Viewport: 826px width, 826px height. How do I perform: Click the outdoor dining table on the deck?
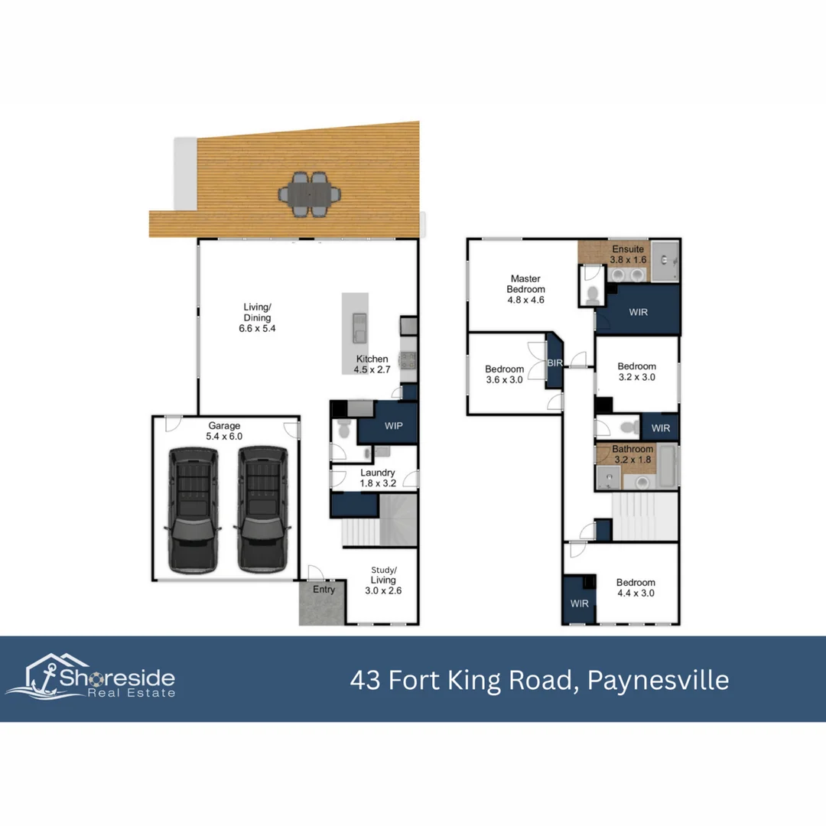(x=309, y=194)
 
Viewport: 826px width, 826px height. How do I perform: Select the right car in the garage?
(x=263, y=510)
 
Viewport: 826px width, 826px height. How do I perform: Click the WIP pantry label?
(x=394, y=426)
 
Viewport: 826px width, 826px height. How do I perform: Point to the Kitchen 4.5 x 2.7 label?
(x=372, y=364)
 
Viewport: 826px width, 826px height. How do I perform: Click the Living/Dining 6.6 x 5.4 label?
(x=257, y=317)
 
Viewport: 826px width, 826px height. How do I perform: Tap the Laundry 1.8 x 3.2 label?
(x=378, y=478)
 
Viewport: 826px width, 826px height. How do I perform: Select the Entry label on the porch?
(x=324, y=590)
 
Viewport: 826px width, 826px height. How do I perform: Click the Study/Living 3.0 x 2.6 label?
(x=383, y=580)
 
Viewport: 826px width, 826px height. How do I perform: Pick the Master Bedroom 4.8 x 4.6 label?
(x=525, y=289)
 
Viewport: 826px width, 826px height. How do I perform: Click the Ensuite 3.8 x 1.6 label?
(x=628, y=254)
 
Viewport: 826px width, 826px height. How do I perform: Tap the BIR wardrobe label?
(x=554, y=363)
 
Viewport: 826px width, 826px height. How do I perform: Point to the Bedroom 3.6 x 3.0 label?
(x=504, y=374)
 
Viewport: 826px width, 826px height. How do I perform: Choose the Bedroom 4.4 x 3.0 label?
(x=636, y=587)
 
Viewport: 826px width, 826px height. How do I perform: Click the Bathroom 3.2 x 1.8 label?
(x=633, y=454)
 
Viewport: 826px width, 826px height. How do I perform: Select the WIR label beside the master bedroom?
(x=638, y=312)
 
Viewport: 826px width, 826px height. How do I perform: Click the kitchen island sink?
(x=359, y=327)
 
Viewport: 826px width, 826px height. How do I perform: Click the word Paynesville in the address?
(x=658, y=680)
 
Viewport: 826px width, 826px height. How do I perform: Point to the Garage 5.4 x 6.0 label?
(x=224, y=431)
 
